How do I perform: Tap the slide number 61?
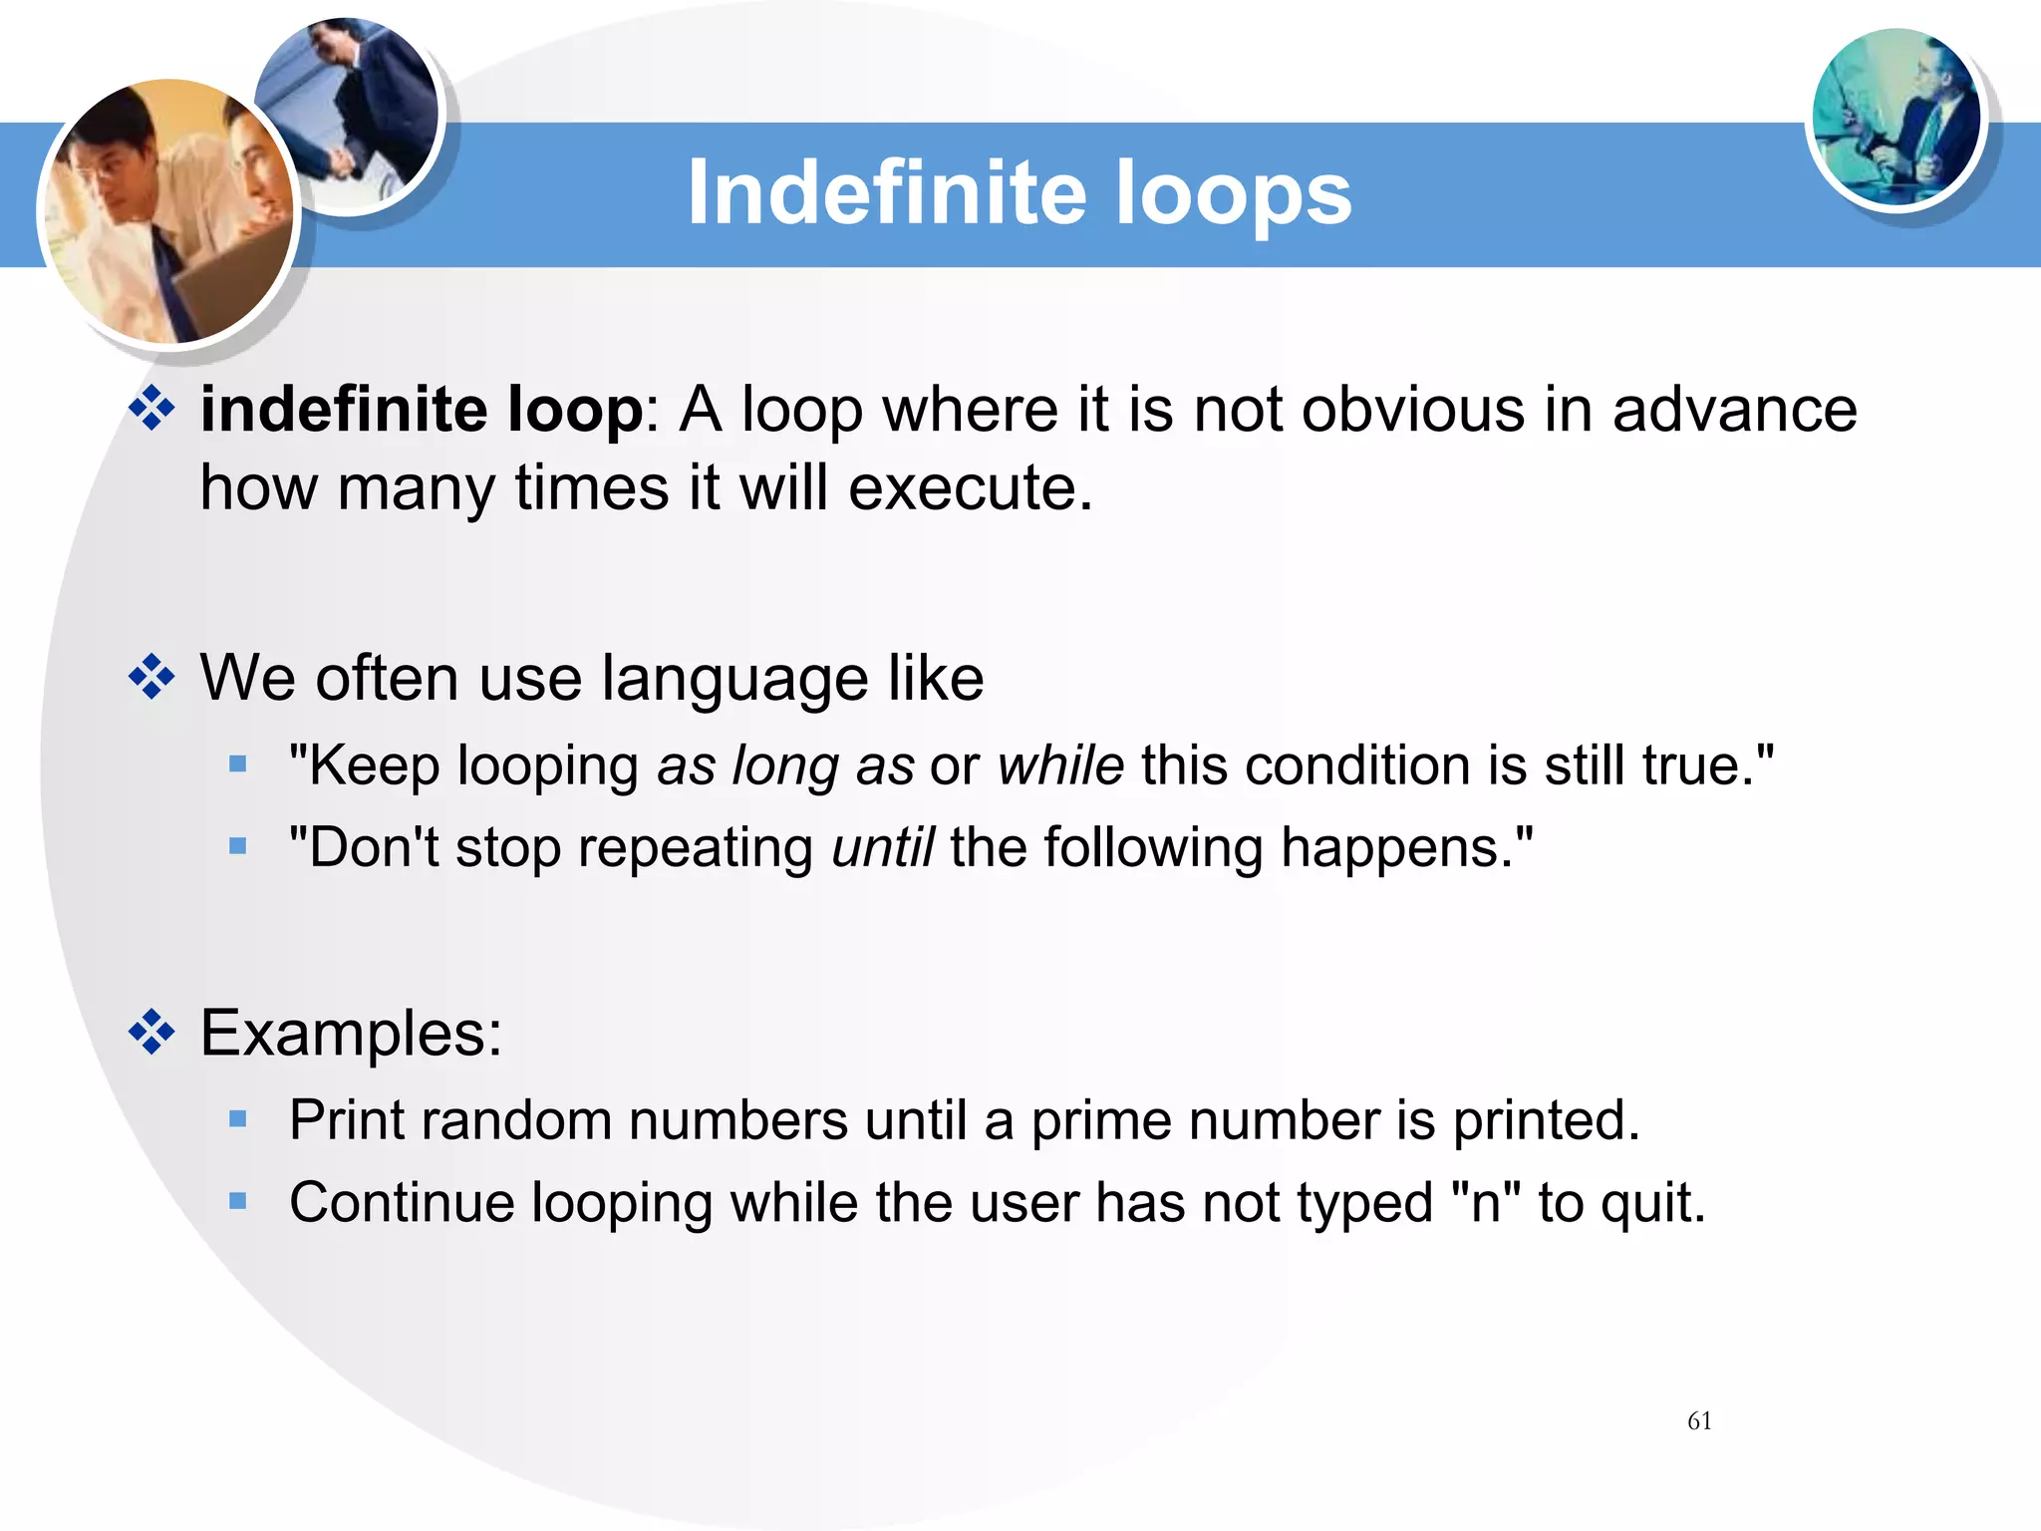pos(1699,1421)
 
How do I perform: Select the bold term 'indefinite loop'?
pos(422,411)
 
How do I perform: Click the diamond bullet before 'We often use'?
pos(151,678)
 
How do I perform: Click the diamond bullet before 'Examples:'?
pos(151,1033)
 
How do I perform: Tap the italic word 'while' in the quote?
pos(1060,765)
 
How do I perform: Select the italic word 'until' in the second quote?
pos(882,848)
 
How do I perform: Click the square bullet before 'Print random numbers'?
pos(237,1119)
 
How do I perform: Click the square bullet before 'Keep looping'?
pos(237,765)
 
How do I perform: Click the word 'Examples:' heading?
pos(351,1033)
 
